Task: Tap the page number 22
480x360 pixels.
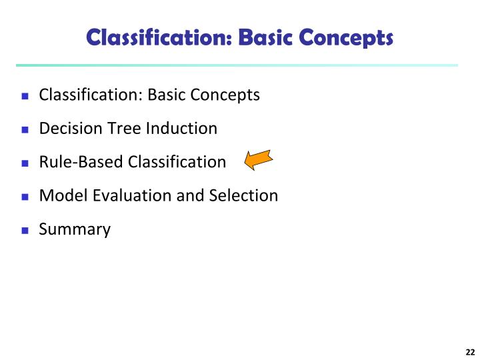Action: [469, 353]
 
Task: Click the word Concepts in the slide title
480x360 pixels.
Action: [350, 37]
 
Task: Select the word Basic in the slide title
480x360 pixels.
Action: [268, 37]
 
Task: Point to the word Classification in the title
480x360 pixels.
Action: [157, 37]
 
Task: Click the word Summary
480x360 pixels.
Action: [75, 230]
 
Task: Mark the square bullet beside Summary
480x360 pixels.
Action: [25, 231]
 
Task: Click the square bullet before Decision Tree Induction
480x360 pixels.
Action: [25, 129]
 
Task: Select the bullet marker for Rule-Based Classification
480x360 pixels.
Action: [25, 163]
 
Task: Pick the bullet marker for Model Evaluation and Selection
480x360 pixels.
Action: [25, 197]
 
